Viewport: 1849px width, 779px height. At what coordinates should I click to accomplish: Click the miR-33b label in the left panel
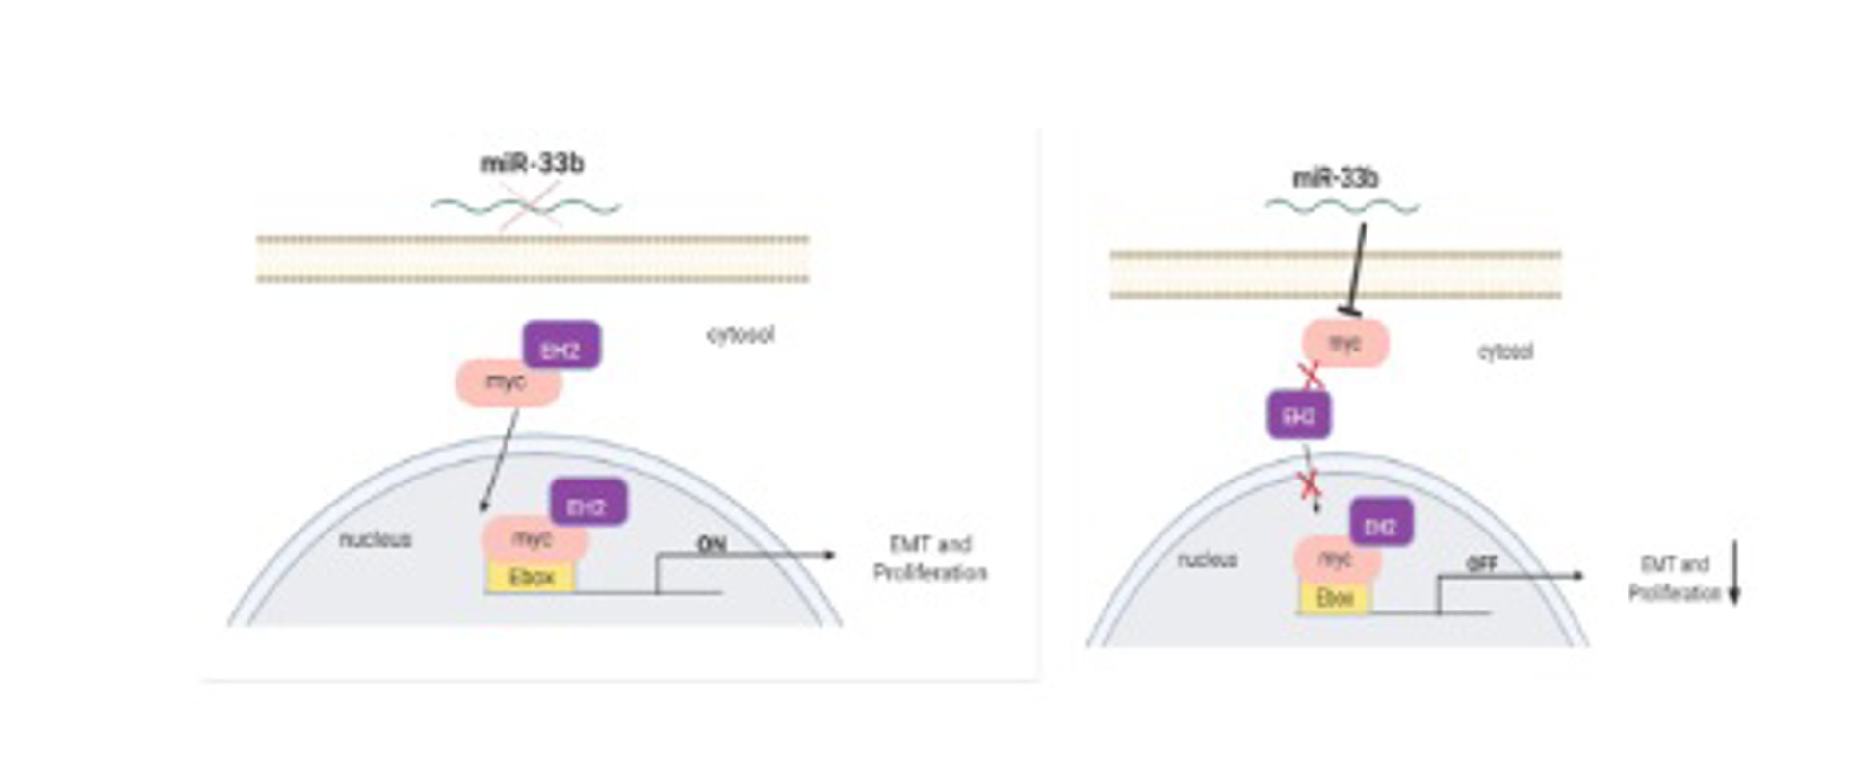[x=532, y=164]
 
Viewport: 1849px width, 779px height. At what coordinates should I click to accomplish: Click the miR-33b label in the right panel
[x=1335, y=178]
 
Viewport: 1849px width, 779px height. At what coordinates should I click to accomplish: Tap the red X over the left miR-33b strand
[x=531, y=206]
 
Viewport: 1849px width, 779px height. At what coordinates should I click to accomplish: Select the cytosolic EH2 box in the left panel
[x=561, y=346]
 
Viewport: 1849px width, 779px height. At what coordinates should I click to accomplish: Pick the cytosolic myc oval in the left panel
[x=508, y=382]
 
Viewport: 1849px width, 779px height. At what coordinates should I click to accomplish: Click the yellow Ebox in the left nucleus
[x=531, y=578]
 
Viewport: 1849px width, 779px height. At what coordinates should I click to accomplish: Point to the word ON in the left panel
[x=711, y=544]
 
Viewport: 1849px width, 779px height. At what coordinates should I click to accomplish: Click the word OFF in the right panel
[x=1481, y=564]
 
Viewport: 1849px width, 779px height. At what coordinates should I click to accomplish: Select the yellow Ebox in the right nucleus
[x=1335, y=598]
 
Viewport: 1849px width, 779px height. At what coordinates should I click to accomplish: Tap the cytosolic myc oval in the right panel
[x=1345, y=344]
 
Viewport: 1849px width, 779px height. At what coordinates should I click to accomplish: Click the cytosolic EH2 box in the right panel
[x=1298, y=416]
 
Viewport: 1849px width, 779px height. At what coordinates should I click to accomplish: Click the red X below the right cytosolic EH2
[x=1310, y=484]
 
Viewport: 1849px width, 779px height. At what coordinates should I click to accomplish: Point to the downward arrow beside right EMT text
[x=1734, y=573]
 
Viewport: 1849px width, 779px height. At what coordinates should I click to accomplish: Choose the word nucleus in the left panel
[x=375, y=539]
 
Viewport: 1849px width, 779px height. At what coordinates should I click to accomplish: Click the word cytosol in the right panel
[x=1504, y=351]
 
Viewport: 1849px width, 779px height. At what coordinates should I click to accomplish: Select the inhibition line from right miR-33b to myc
[x=1356, y=270]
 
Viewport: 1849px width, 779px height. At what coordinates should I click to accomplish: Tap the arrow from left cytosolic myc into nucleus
[x=500, y=460]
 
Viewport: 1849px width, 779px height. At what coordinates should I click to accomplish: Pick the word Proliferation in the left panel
[x=929, y=573]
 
